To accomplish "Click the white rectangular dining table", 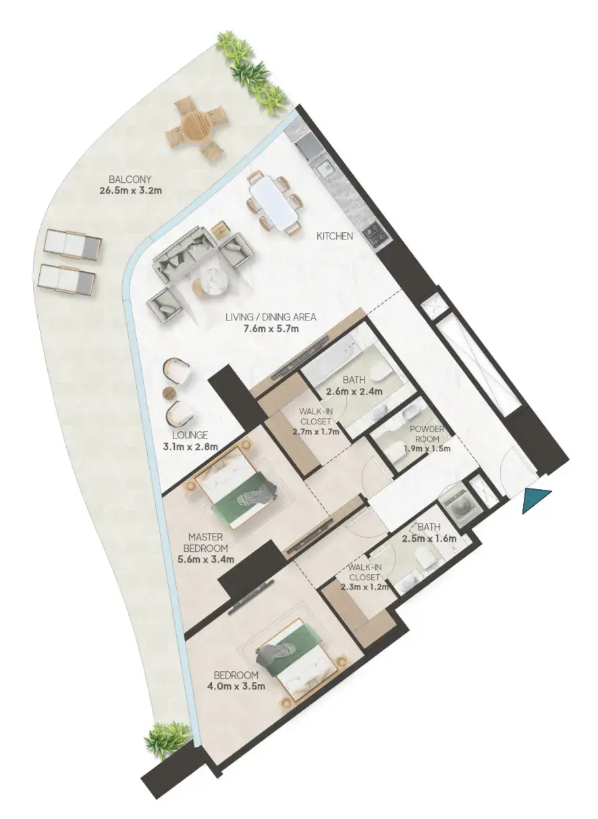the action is pos(273,202).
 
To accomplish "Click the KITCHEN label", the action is pos(335,236).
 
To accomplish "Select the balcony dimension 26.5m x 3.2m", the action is pos(130,190).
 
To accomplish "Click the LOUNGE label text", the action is pos(190,435).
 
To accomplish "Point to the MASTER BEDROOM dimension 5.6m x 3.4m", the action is pos(206,559).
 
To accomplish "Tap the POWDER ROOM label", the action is pos(427,433).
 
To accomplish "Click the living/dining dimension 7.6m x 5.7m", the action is pos(271,329).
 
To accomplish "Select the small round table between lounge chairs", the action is pos(169,393).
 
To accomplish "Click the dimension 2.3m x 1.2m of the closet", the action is pos(364,587).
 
